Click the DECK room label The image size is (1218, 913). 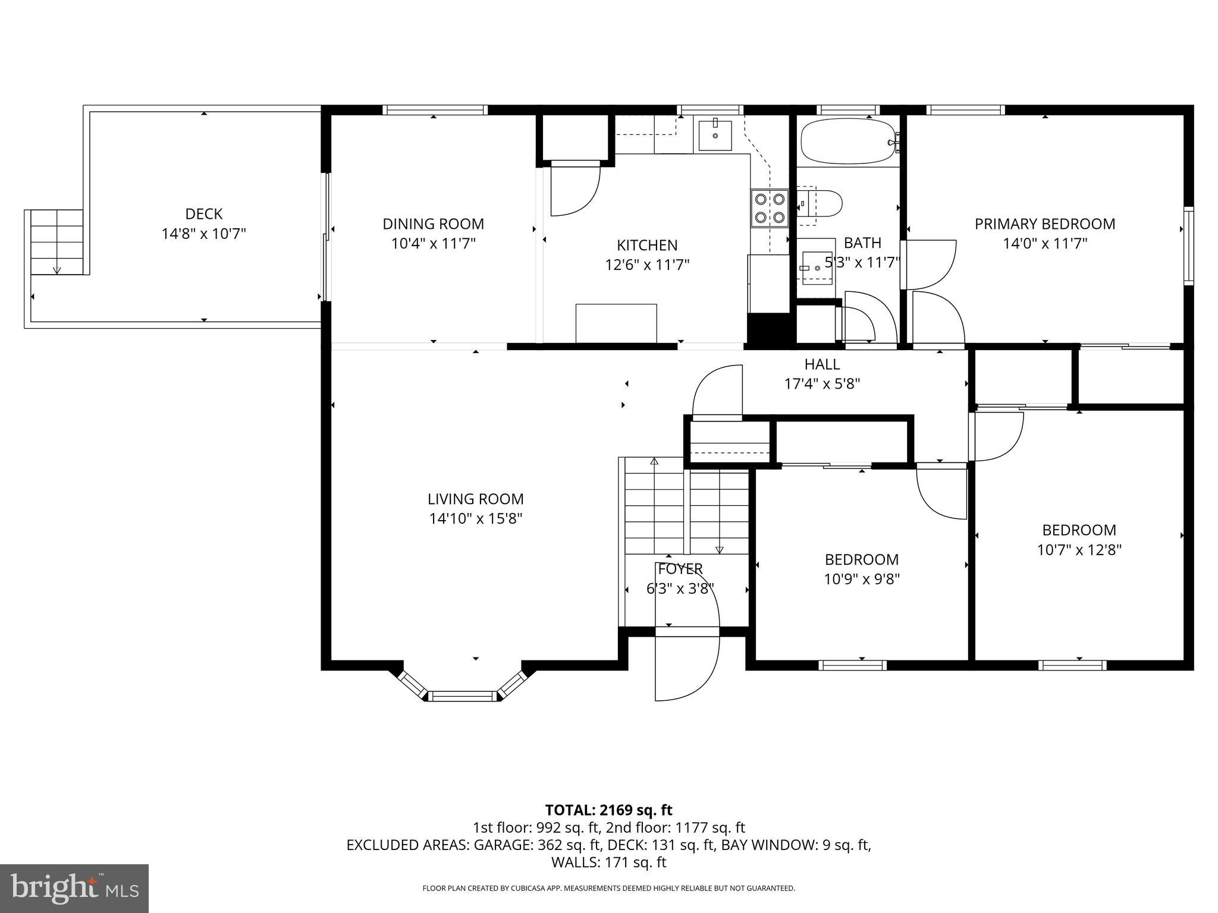(x=203, y=214)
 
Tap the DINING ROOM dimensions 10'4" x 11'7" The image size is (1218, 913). (x=433, y=244)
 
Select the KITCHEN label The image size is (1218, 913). (x=647, y=245)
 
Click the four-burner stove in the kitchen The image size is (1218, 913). (x=769, y=208)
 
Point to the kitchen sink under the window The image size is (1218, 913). (x=716, y=135)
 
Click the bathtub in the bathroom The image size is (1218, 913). (x=847, y=141)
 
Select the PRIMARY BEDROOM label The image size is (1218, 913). (x=1044, y=224)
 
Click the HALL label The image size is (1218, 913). (x=822, y=364)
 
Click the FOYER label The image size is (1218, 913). (x=680, y=569)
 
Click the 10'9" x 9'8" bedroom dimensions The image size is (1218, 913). (x=861, y=579)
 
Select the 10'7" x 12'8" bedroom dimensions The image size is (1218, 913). (x=1079, y=550)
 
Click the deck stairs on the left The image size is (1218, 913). (x=56, y=242)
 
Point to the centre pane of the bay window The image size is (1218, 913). (x=463, y=696)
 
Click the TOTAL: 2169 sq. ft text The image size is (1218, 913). (x=608, y=810)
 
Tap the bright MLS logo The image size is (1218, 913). (x=74, y=888)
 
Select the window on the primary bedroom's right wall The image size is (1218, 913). (x=1188, y=245)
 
